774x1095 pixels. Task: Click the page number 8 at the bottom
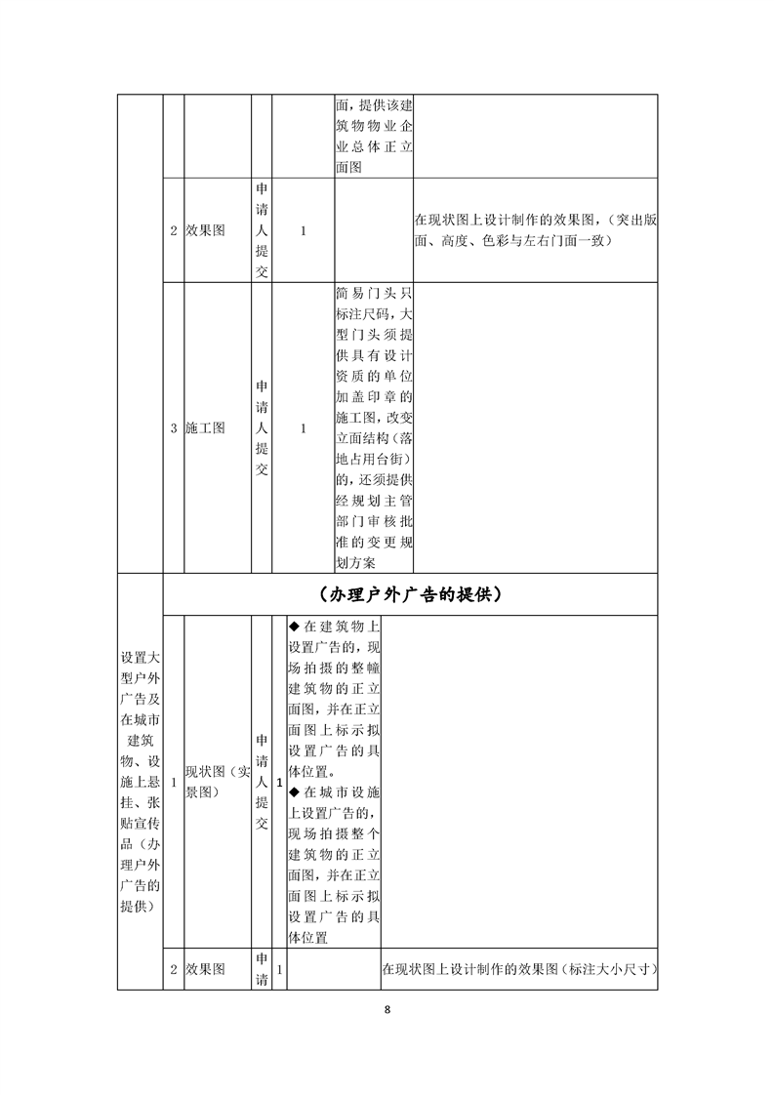coord(387,1009)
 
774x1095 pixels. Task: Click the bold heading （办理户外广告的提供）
coord(410,594)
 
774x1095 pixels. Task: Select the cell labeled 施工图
coord(205,427)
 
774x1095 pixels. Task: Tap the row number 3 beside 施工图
coord(174,427)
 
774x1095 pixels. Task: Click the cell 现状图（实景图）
coord(218,783)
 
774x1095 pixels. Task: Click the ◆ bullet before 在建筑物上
coord(294,627)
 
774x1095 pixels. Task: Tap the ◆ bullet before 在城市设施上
coord(294,791)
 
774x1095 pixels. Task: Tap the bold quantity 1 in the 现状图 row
coord(280,783)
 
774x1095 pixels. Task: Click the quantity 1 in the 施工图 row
coord(304,427)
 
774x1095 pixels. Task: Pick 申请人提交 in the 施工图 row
coord(262,427)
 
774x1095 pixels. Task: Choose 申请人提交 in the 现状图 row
coord(262,783)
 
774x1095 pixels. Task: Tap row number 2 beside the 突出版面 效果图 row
coord(174,231)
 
